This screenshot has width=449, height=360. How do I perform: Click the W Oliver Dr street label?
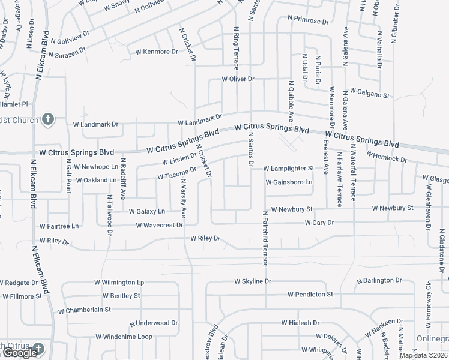click(x=238, y=79)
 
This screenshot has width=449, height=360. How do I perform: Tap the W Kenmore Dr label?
click(x=157, y=52)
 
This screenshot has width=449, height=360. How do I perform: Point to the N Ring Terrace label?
click(x=236, y=46)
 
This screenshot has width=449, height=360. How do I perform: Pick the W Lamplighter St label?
click(x=288, y=169)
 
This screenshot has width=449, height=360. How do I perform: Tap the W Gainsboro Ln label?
click(x=289, y=182)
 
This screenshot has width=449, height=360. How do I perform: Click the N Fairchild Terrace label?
click(x=264, y=238)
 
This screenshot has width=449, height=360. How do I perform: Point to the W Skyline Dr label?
click(x=253, y=281)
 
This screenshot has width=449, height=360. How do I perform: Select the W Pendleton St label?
click(x=310, y=295)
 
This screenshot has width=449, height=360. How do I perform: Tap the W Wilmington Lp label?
click(x=119, y=281)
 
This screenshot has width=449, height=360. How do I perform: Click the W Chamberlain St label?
click(x=84, y=310)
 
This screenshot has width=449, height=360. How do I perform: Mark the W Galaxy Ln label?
click(x=147, y=211)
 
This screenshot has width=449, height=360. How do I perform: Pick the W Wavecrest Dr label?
click(x=159, y=226)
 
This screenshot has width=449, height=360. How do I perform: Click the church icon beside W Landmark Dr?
click(x=49, y=119)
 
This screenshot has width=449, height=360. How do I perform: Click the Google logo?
click(x=20, y=353)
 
